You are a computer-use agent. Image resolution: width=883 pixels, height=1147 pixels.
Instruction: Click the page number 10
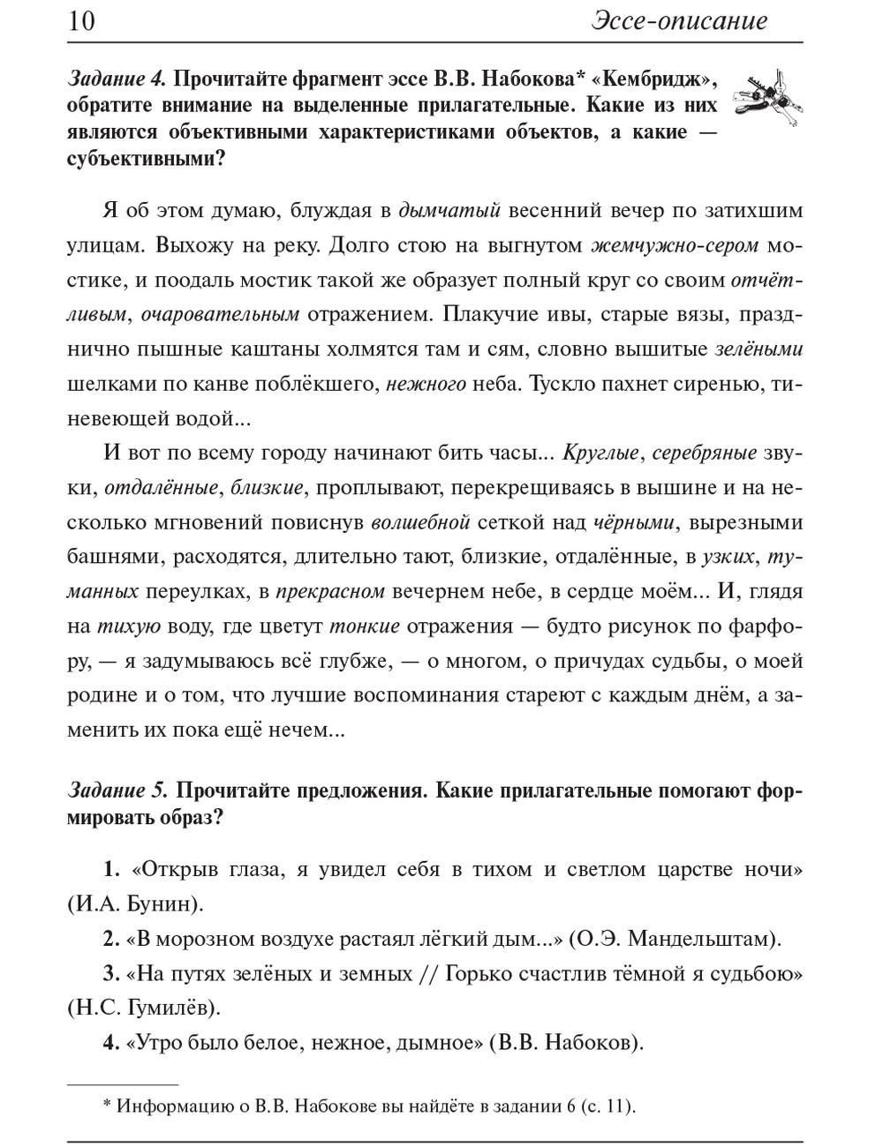[81, 21]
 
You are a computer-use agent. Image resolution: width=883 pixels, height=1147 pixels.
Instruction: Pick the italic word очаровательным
[220, 314]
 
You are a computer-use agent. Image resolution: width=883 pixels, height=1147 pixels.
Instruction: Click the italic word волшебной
[420, 522]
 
